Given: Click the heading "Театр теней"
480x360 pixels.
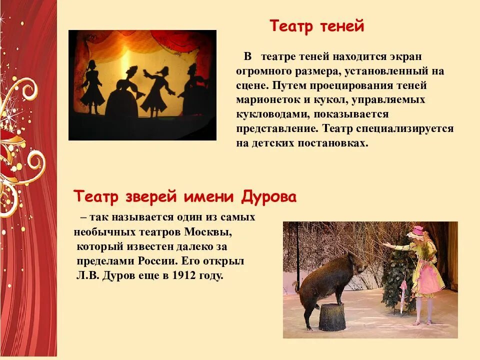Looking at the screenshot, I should pos(317,26).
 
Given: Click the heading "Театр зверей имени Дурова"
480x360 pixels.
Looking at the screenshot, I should pos(185,196).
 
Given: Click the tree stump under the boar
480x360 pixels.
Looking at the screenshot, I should pos(332,316).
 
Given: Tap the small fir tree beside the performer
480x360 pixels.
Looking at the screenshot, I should pos(397,280).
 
